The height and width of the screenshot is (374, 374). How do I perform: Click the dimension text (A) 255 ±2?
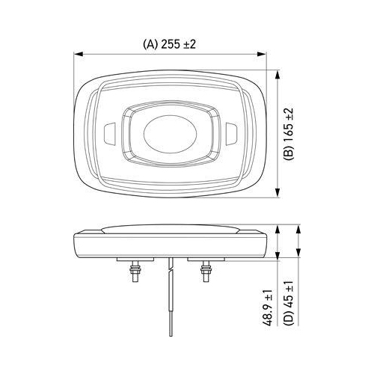(x=170, y=44)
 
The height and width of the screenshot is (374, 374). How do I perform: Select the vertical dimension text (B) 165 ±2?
(x=289, y=132)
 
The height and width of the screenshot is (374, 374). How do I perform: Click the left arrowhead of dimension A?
(x=79, y=54)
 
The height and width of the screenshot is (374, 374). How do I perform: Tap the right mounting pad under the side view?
(x=205, y=259)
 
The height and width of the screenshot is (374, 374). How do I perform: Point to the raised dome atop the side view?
(x=171, y=230)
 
